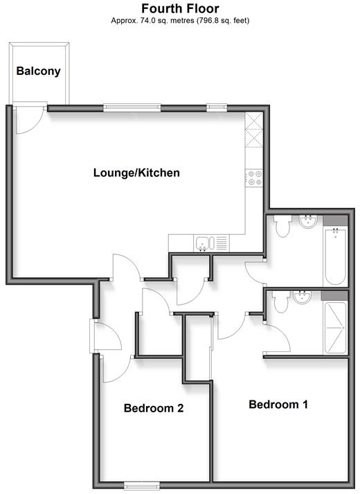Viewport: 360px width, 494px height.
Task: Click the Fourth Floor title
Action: [180, 8]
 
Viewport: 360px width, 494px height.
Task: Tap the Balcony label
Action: [38, 71]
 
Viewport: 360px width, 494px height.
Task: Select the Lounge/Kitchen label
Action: [136, 173]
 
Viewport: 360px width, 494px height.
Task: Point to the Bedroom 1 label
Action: [278, 404]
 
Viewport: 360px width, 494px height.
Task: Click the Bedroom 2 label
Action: [154, 408]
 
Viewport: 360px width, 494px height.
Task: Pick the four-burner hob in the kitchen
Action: [254, 178]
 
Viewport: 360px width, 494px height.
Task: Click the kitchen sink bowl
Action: [201, 244]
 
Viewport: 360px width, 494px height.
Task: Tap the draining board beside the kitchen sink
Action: [222, 243]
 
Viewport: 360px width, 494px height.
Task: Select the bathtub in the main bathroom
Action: [336, 256]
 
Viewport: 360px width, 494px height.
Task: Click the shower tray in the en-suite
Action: [336, 328]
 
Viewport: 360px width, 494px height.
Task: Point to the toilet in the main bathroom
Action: [282, 226]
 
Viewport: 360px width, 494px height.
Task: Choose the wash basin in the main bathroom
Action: [308, 221]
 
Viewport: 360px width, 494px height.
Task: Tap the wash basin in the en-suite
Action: [302, 297]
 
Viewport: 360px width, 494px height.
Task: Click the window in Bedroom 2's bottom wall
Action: [141, 486]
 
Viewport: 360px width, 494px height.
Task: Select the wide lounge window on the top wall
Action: [132, 108]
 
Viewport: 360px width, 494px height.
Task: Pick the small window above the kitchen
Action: [217, 108]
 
